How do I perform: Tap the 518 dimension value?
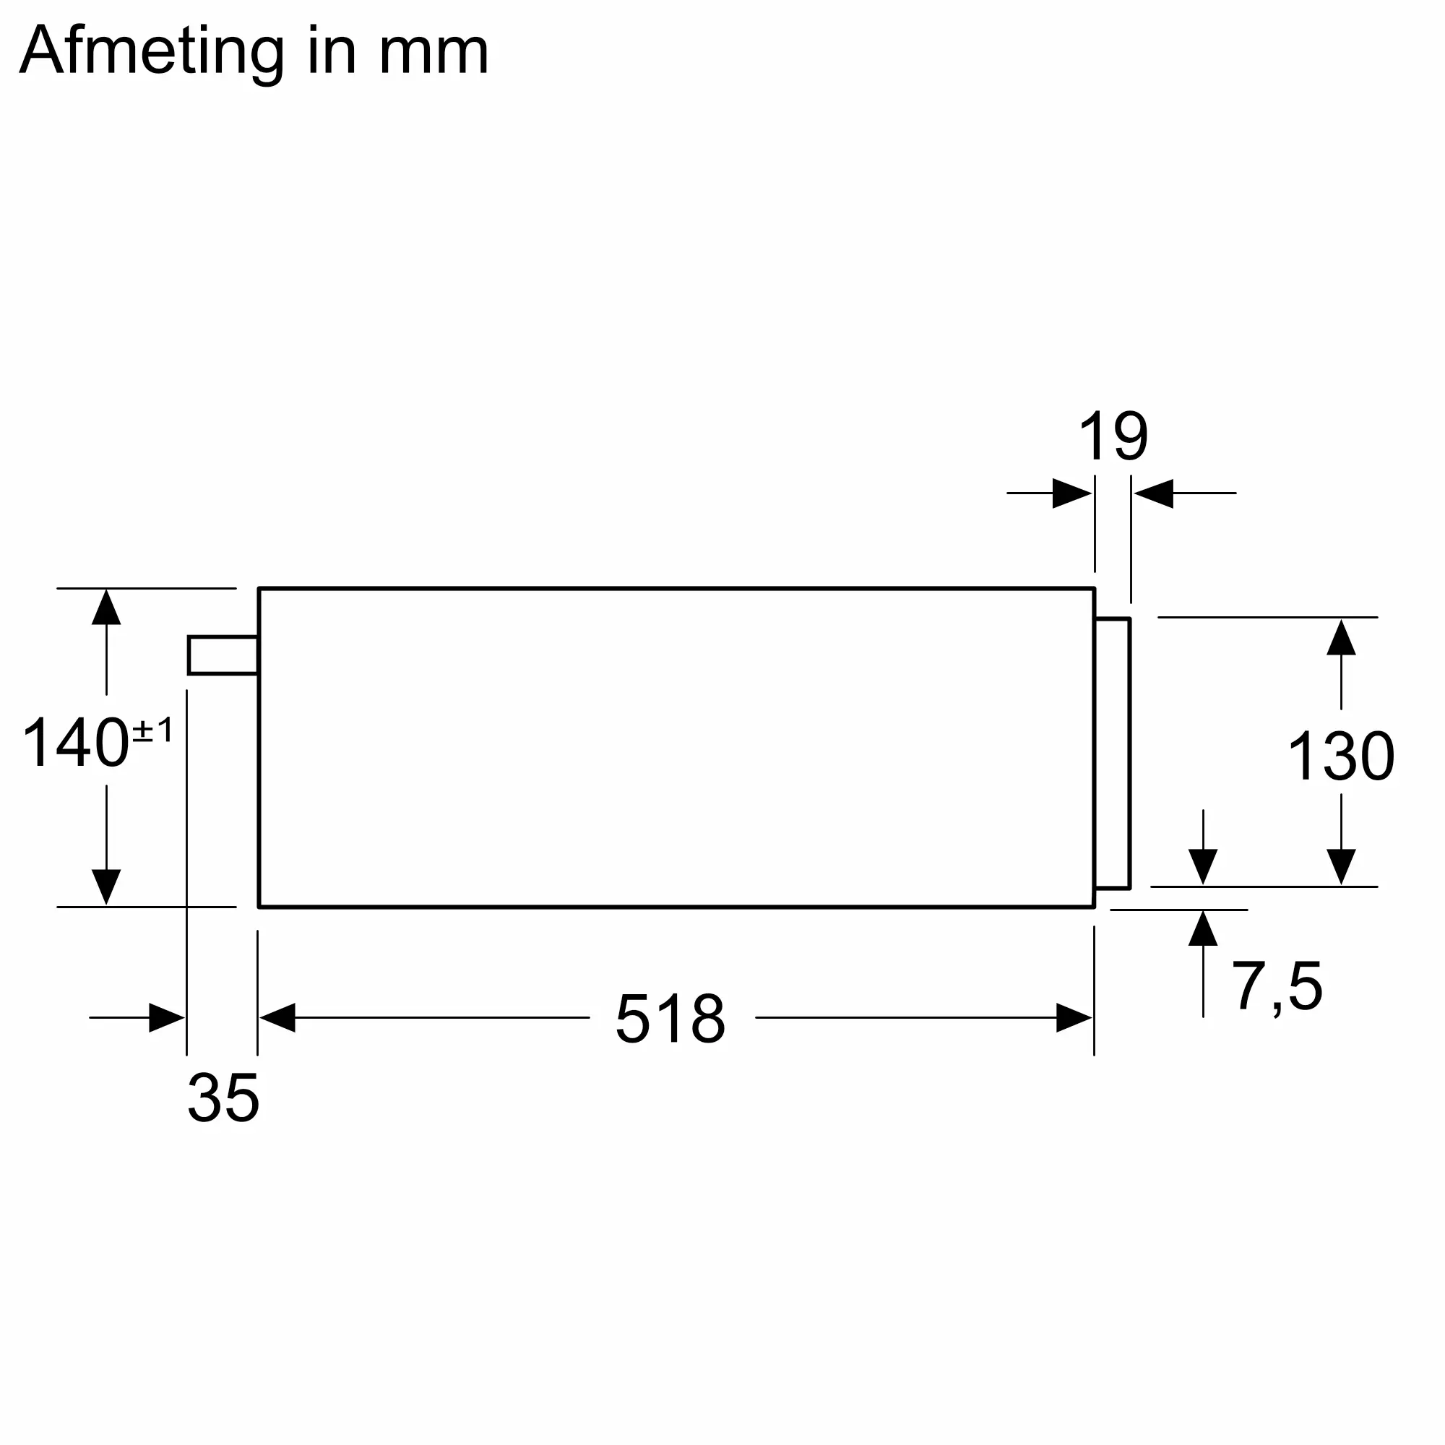[670, 1018]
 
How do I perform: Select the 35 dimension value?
[223, 1098]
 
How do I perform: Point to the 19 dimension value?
[1113, 436]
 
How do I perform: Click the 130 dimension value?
[1341, 756]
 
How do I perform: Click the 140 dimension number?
[77, 743]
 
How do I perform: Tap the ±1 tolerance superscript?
[152, 730]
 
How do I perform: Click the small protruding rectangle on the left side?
[223, 655]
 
